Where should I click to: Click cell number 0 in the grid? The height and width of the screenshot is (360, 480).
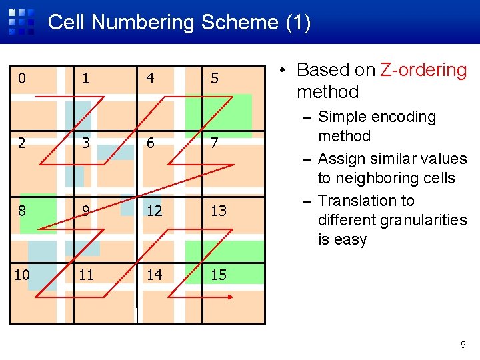pos(22,79)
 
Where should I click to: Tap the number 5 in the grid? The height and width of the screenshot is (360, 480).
pos(214,79)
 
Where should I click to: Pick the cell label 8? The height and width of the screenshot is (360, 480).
pos(22,211)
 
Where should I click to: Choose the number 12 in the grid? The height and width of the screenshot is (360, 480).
pos(153,211)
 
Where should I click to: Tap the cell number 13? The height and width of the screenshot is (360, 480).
pos(218,211)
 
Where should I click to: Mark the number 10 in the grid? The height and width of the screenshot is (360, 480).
pos(22,274)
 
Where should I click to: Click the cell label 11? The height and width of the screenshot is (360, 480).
pos(86,274)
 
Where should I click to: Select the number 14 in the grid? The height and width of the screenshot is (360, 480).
pos(154,274)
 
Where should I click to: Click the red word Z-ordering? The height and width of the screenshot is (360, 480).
pos(423,70)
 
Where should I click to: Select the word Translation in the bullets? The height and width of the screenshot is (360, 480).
pos(366,201)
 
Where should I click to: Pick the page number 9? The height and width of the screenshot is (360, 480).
pos(463,345)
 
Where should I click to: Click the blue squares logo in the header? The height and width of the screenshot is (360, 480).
pos(21,21)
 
